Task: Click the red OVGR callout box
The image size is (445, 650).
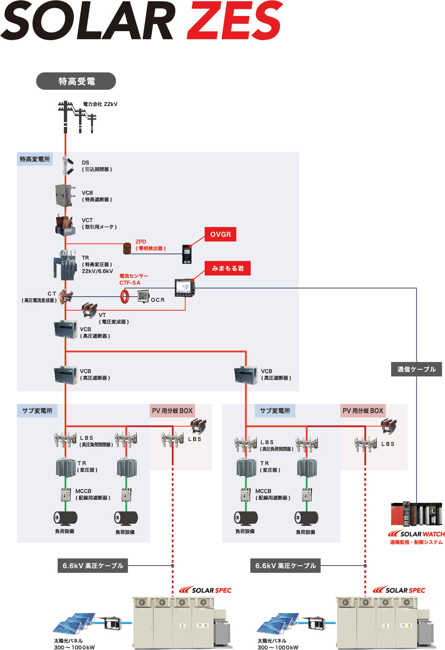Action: coord(220,234)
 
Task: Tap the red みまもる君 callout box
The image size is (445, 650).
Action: coord(228,268)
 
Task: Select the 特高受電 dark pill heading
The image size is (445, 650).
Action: coord(76,81)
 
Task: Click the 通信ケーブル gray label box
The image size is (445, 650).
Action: coord(416,369)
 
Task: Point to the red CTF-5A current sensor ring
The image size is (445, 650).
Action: coord(125,296)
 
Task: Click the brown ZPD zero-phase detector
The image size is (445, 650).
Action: coord(127,248)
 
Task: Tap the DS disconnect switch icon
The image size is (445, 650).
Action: coord(67,166)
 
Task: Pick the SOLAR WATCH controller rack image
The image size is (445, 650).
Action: coord(416,514)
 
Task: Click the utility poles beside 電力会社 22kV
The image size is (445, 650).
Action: coord(77,117)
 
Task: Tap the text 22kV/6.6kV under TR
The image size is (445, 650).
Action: coord(97,271)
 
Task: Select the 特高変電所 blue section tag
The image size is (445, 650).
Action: coord(35,159)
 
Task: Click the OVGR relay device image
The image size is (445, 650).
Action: coord(187,254)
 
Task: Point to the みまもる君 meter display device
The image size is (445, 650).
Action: coord(185,288)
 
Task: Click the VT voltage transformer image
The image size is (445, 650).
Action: coord(89,310)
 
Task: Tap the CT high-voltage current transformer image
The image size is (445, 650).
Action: coord(66,296)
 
